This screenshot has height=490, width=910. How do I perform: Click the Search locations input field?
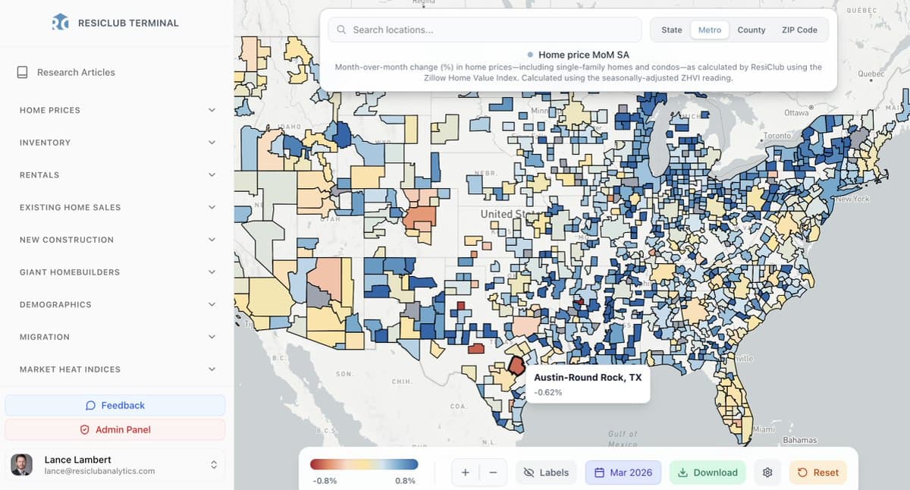pos(485,30)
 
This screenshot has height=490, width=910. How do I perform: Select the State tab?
pos(671,30)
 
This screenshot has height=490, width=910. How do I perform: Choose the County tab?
pos(751,30)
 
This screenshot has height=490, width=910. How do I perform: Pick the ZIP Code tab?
pos(799,30)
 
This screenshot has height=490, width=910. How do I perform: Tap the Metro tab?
pos(710,30)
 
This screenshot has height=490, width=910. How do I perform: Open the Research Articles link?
pos(76,73)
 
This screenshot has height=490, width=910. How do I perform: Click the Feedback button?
pos(115,406)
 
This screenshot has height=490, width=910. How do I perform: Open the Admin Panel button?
pos(115,430)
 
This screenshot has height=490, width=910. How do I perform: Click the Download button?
pos(707,473)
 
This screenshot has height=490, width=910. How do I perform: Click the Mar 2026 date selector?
pos(623,473)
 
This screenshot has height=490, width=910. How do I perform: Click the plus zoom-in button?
pos(465,473)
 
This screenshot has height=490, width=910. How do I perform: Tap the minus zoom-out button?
pos(493,473)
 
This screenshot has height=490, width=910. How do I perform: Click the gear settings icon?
pos(767,473)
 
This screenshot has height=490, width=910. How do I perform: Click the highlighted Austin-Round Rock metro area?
pos(516,365)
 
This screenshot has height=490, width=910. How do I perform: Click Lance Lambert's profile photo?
pos(22,465)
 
